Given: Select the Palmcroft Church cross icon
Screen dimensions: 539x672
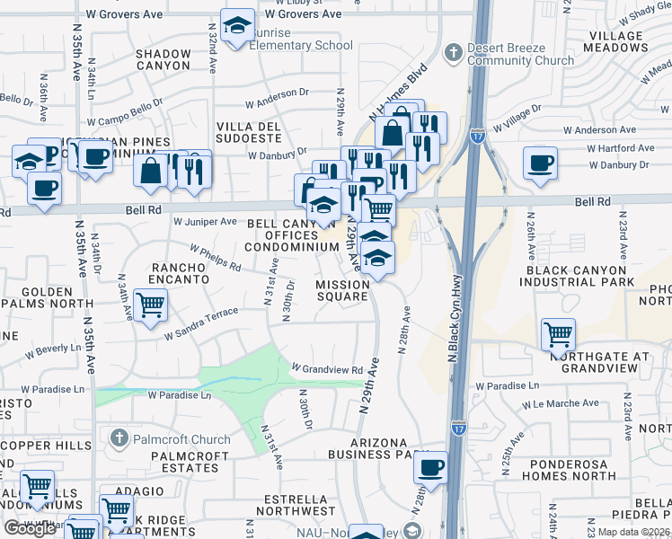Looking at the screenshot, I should click(x=119, y=438).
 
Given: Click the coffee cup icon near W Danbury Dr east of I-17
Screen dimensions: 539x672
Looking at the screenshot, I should click(x=541, y=164).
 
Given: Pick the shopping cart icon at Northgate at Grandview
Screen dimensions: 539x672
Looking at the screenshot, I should click(x=559, y=336).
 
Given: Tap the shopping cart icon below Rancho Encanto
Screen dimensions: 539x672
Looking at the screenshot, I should click(x=150, y=306).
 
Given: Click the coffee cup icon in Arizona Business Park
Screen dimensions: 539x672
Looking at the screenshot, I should click(x=431, y=468).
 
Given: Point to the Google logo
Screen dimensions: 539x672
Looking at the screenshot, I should click(x=30, y=529).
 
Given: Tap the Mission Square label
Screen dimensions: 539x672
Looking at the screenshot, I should click(x=341, y=290).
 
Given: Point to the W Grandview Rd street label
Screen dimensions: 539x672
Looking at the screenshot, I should click(x=327, y=368).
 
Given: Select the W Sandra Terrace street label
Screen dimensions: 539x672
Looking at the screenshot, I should click(x=201, y=323).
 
